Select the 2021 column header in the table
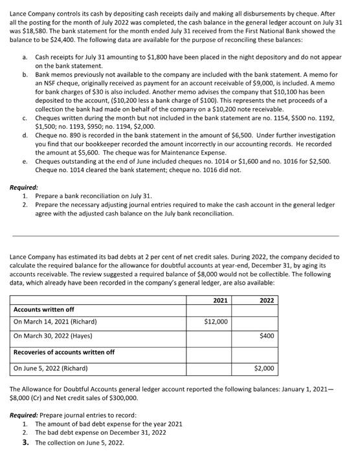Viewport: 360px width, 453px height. click(220, 300)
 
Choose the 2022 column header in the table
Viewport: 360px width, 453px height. click(267, 300)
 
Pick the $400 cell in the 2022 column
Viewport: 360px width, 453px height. click(266, 335)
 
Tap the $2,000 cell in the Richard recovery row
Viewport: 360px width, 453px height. click(264, 368)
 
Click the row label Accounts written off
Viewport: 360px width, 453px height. click(43, 309)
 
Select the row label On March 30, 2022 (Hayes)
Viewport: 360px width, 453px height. click(53, 335)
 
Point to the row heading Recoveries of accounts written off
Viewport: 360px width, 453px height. click(64, 351)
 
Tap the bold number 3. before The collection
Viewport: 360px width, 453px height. click(25, 442)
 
